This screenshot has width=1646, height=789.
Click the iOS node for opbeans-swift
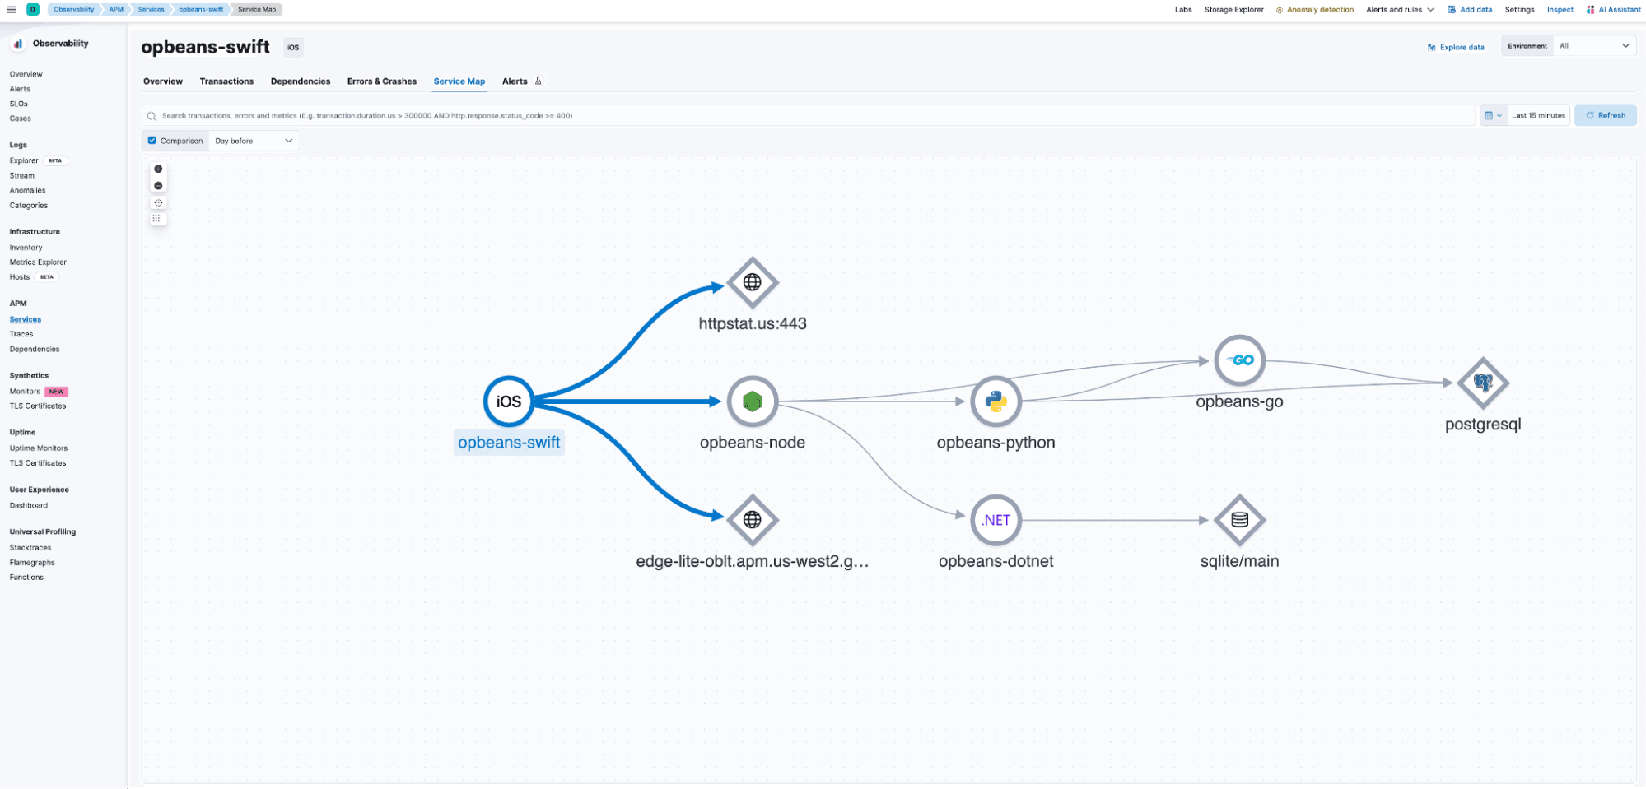[508, 401]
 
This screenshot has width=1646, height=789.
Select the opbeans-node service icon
[752, 401]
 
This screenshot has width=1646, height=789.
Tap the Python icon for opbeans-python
[996, 401]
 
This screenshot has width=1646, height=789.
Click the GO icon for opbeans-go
[1239, 360]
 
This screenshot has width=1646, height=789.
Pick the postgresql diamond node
[1483, 383]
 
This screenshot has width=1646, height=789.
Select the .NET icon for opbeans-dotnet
[996, 520]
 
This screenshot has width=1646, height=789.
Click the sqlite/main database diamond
[1239, 520]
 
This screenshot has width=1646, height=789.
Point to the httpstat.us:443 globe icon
[752, 282]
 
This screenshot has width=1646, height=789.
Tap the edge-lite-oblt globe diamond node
[752, 520]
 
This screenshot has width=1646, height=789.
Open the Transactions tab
[226, 81]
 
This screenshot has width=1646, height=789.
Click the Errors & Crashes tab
[381, 81]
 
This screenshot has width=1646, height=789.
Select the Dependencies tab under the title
[301, 81]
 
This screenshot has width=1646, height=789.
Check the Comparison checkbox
[152, 141]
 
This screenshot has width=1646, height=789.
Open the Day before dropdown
[254, 141]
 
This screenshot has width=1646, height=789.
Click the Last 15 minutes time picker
[1537, 115]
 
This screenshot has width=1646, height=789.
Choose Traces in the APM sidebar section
[21, 334]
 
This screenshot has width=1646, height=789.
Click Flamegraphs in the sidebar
[32, 563]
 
